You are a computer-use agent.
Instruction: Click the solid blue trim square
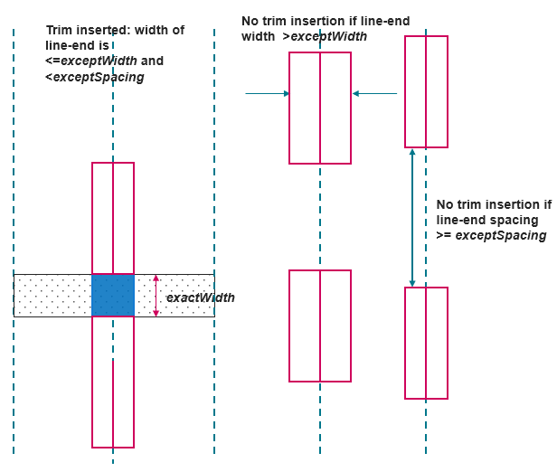point(113,295)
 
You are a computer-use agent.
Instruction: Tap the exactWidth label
point(201,297)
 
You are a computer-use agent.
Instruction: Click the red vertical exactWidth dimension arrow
point(156,296)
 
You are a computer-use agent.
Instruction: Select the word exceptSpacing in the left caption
point(99,78)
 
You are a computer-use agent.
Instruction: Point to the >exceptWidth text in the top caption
point(326,36)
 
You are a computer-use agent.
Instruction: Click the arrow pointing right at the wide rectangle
point(268,93)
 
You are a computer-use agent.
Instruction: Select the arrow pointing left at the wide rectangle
point(375,93)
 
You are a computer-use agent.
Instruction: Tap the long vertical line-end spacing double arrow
point(412,217)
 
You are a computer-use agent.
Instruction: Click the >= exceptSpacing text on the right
point(492,235)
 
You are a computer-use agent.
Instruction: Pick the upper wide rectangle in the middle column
point(320,108)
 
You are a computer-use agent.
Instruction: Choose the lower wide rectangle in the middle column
point(320,326)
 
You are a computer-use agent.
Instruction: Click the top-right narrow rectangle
point(426,91)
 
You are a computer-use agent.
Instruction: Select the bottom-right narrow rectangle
point(426,343)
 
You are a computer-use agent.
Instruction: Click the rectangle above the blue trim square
point(113,217)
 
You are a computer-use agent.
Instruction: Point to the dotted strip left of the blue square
point(52,295)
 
